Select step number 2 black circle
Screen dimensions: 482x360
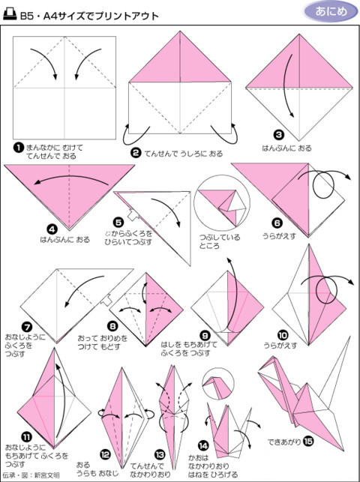coord(136,152)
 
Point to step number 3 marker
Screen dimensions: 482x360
coord(278,135)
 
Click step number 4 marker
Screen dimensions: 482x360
coord(52,229)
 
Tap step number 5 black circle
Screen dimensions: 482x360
coord(118,222)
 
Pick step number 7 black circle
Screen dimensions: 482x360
coord(26,327)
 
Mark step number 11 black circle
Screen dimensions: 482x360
coord(26,436)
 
